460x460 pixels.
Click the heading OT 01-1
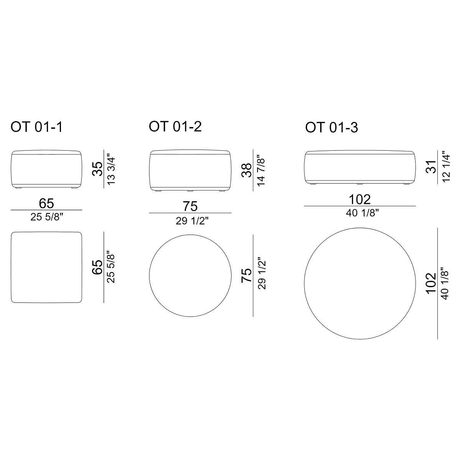point(36,127)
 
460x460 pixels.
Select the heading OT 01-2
point(175,126)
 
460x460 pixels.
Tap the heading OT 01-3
point(332,127)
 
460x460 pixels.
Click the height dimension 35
point(97,169)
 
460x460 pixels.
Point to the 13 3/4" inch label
point(111,171)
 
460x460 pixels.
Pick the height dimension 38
point(246,170)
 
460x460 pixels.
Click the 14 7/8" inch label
point(260,171)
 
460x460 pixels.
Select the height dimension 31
point(431,167)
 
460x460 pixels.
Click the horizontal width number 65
point(46,204)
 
